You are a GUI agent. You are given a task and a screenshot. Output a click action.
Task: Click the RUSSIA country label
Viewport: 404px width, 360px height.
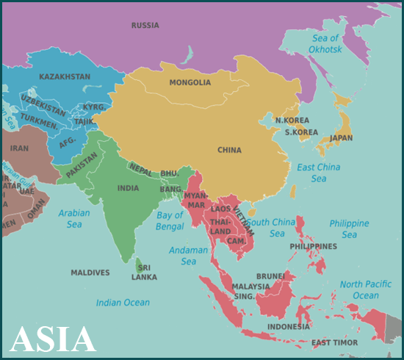point(145,26)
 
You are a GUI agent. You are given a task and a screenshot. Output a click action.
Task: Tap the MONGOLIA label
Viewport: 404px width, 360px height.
point(190,82)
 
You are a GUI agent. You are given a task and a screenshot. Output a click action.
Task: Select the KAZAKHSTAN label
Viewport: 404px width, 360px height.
point(65,76)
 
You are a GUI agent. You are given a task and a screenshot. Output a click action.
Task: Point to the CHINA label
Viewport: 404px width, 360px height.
point(229,150)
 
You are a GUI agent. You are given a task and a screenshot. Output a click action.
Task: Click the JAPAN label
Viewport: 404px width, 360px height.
point(341,137)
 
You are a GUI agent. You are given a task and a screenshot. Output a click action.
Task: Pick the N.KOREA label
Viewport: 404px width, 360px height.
point(292,120)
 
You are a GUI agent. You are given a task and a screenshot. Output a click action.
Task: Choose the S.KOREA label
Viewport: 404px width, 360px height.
point(301,132)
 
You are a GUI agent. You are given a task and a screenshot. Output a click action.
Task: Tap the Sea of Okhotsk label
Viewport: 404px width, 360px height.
point(325,43)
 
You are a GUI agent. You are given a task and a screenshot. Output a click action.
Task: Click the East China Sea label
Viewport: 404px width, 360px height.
point(318,173)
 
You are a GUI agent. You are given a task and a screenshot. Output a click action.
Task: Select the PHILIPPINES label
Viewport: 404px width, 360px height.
point(314,246)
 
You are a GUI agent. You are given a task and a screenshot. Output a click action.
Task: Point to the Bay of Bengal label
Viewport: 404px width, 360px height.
point(170,221)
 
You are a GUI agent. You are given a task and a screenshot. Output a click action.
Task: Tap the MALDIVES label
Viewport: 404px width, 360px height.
point(90,273)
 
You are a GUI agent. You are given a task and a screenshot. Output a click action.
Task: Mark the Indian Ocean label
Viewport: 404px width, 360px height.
point(123,302)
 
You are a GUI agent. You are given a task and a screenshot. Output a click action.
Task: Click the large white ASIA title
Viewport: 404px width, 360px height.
point(53,339)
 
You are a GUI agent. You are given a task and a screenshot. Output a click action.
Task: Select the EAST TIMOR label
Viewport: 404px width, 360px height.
point(335,342)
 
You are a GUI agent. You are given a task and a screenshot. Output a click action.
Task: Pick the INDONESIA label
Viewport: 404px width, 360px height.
point(289,326)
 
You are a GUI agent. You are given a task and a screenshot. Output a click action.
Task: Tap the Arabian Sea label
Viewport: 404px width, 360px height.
point(74,219)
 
